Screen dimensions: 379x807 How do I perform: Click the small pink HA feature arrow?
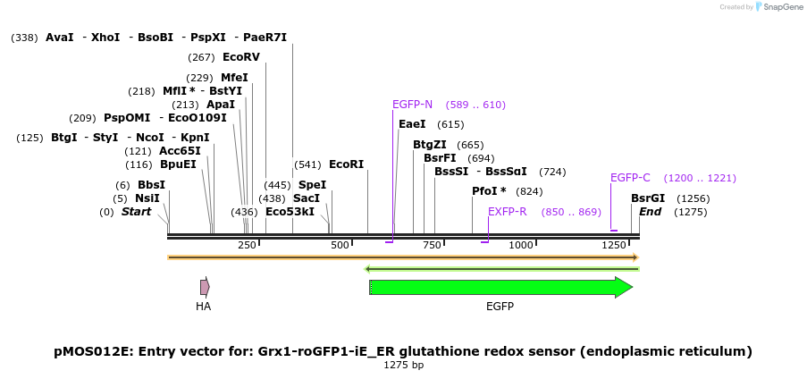point(205,287)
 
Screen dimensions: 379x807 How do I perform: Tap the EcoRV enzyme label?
point(241,57)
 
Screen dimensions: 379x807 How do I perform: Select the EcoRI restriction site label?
point(347,164)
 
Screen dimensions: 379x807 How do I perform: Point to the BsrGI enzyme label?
point(648,198)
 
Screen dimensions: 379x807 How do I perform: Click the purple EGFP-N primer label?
point(412,105)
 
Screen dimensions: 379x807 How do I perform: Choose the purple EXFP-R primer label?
point(507,212)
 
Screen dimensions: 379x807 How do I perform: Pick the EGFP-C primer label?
point(630,178)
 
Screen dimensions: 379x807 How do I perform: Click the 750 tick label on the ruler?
point(432,245)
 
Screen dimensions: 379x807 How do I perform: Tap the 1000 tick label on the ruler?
point(520,245)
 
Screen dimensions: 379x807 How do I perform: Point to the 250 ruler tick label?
point(247,245)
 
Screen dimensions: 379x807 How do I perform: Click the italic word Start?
point(136,212)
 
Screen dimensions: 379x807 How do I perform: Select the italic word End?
point(651,212)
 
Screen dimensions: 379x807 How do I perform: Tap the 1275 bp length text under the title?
point(403,365)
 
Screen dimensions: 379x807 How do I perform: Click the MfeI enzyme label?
point(234,78)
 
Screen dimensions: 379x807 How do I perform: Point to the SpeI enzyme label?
point(312,185)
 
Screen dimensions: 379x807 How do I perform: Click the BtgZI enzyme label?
point(430,145)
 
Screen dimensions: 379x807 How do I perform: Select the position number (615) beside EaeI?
point(450,124)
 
